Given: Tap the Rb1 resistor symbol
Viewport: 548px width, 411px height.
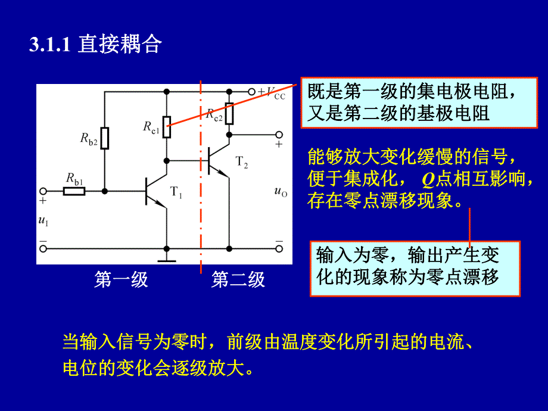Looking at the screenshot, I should coord(75,191).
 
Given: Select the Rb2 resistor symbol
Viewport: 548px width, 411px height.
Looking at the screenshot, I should coord(105,138).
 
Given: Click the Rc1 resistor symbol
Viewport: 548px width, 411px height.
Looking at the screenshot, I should coord(167,127).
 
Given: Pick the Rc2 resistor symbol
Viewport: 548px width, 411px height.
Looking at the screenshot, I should coord(229,112).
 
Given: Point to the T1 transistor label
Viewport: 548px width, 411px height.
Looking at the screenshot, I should coord(176,192).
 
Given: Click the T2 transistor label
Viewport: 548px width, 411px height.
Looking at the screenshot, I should coord(241,161).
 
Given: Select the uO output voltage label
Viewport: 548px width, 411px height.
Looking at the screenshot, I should coord(279,191).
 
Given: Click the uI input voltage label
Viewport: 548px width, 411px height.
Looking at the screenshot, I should coord(43,221).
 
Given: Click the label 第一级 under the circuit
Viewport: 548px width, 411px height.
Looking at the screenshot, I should coord(121,279).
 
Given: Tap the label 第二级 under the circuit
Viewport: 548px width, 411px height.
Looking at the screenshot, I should coord(238,279).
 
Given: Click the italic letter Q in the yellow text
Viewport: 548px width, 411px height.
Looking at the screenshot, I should coord(429,179).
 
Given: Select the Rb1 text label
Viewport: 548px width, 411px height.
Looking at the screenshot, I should coord(74,178).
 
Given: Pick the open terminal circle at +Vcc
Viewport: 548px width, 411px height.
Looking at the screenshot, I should coord(251,92).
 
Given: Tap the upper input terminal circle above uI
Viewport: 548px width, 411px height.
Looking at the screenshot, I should coord(43,191).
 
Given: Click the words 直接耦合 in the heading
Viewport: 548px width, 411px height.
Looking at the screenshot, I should coord(120,45).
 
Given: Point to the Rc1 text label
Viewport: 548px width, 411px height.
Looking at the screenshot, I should coord(151,126).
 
